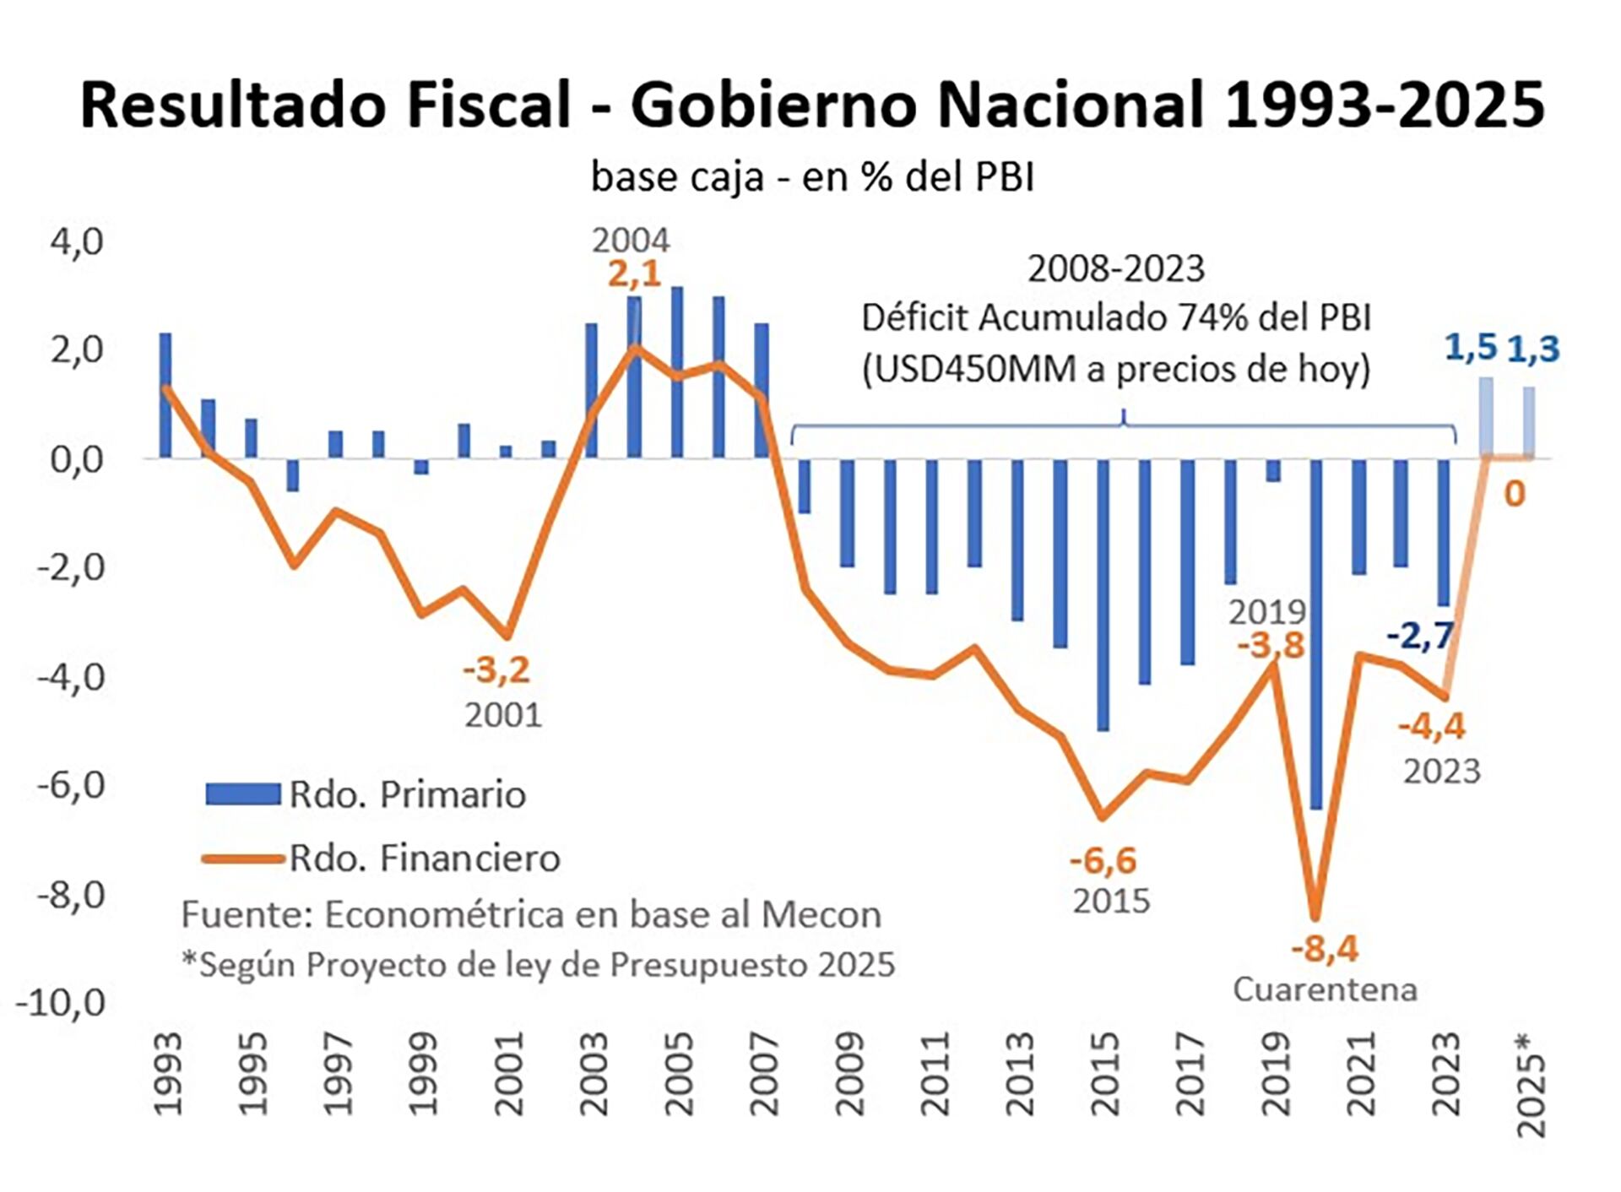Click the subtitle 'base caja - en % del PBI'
coord(812,177)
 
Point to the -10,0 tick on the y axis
coord(62,1003)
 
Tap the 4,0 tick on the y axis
coord(77,242)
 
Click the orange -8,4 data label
coord(1325,949)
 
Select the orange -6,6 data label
coord(1103,861)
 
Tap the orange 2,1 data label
coord(634,274)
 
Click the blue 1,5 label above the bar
coord(1470,347)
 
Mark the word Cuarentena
coord(1325,989)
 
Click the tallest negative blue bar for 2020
coord(1315,633)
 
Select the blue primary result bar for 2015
coord(1103,594)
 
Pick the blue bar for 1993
coord(165,395)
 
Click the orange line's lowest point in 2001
coord(507,636)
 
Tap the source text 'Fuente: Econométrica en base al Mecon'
coord(531,915)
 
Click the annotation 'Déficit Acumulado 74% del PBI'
coord(1116,319)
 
